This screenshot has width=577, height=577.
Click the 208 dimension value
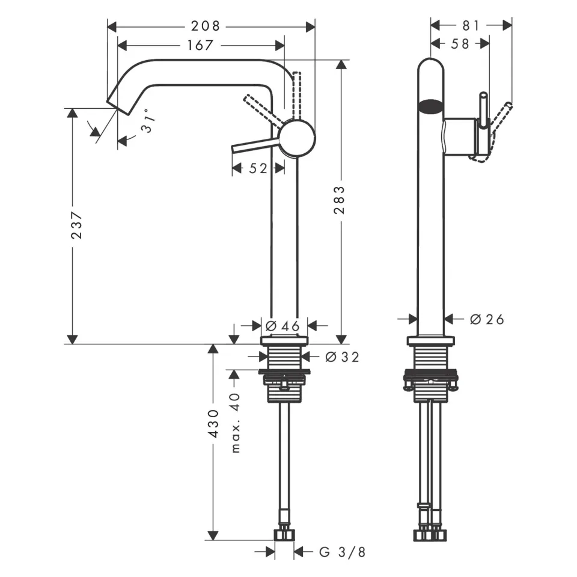(206, 26)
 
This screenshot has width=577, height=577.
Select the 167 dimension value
(201, 45)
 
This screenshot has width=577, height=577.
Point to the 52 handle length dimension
(258, 169)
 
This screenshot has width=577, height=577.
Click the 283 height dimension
(340, 200)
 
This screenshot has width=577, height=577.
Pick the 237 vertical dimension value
(76, 225)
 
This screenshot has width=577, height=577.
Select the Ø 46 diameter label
(282, 326)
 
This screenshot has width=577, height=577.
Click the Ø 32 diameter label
(342, 357)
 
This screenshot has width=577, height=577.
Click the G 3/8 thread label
(341, 552)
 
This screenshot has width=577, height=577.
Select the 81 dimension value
(471, 25)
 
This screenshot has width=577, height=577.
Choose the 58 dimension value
(460, 44)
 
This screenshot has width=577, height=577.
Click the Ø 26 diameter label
(487, 319)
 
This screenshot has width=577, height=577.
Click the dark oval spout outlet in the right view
(430, 107)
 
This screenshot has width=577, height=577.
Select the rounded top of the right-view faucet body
(430, 66)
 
